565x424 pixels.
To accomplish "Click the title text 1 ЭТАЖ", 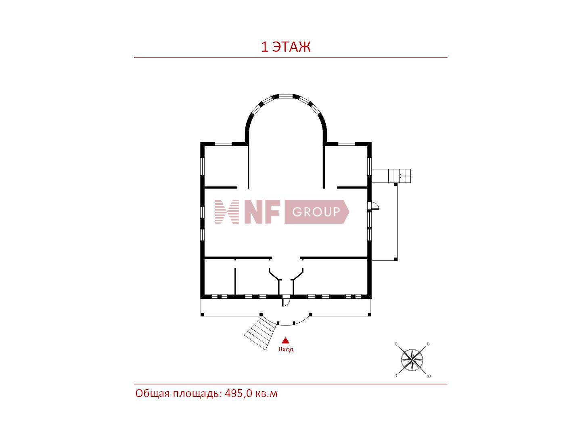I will tap(286, 47).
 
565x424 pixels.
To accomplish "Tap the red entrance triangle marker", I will tap(285, 340).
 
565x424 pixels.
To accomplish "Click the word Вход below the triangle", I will tap(286, 349).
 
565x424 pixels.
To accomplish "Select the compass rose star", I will tap(412, 359).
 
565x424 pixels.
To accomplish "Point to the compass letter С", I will tap(396, 344).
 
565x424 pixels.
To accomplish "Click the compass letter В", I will tap(428, 344).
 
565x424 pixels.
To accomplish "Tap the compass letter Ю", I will tap(429, 376).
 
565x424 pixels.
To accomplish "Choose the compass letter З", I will tap(396, 376).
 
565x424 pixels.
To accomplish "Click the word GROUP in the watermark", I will tap(316, 212).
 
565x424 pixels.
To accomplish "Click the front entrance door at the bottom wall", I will tap(286, 301).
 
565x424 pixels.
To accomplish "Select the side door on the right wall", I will tap(374, 206).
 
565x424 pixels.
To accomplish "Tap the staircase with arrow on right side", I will tap(400, 176).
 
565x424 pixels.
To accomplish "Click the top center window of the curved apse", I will tap(286, 96).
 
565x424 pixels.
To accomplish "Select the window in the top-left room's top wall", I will tap(223, 143).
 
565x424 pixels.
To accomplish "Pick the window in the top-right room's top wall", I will tap(346, 143).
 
